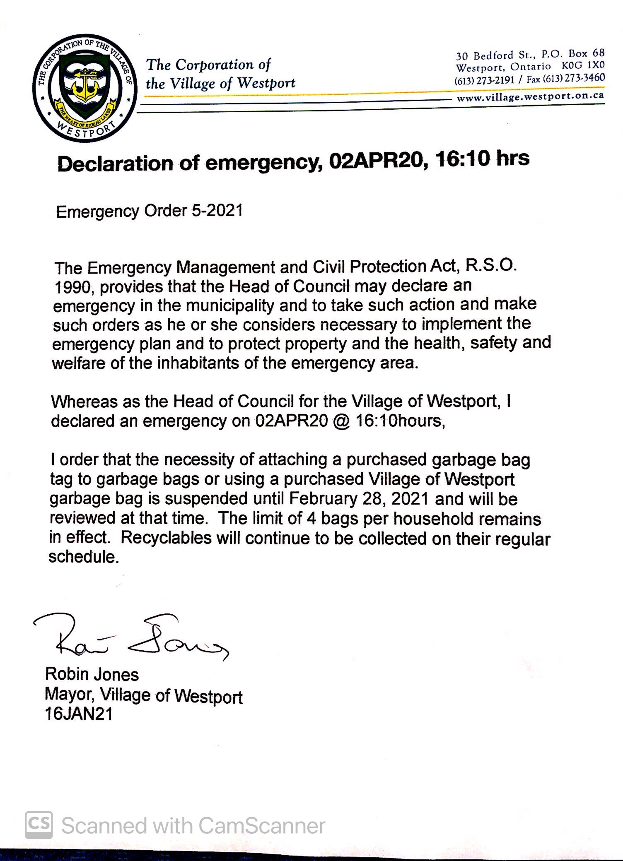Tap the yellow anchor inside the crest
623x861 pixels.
(x=85, y=85)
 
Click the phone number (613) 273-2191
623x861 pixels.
(x=484, y=80)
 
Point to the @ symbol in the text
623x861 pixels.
(x=340, y=421)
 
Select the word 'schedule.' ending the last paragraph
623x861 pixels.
(x=84, y=557)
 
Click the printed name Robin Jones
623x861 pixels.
(x=92, y=674)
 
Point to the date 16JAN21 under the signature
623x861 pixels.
(x=79, y=714)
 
